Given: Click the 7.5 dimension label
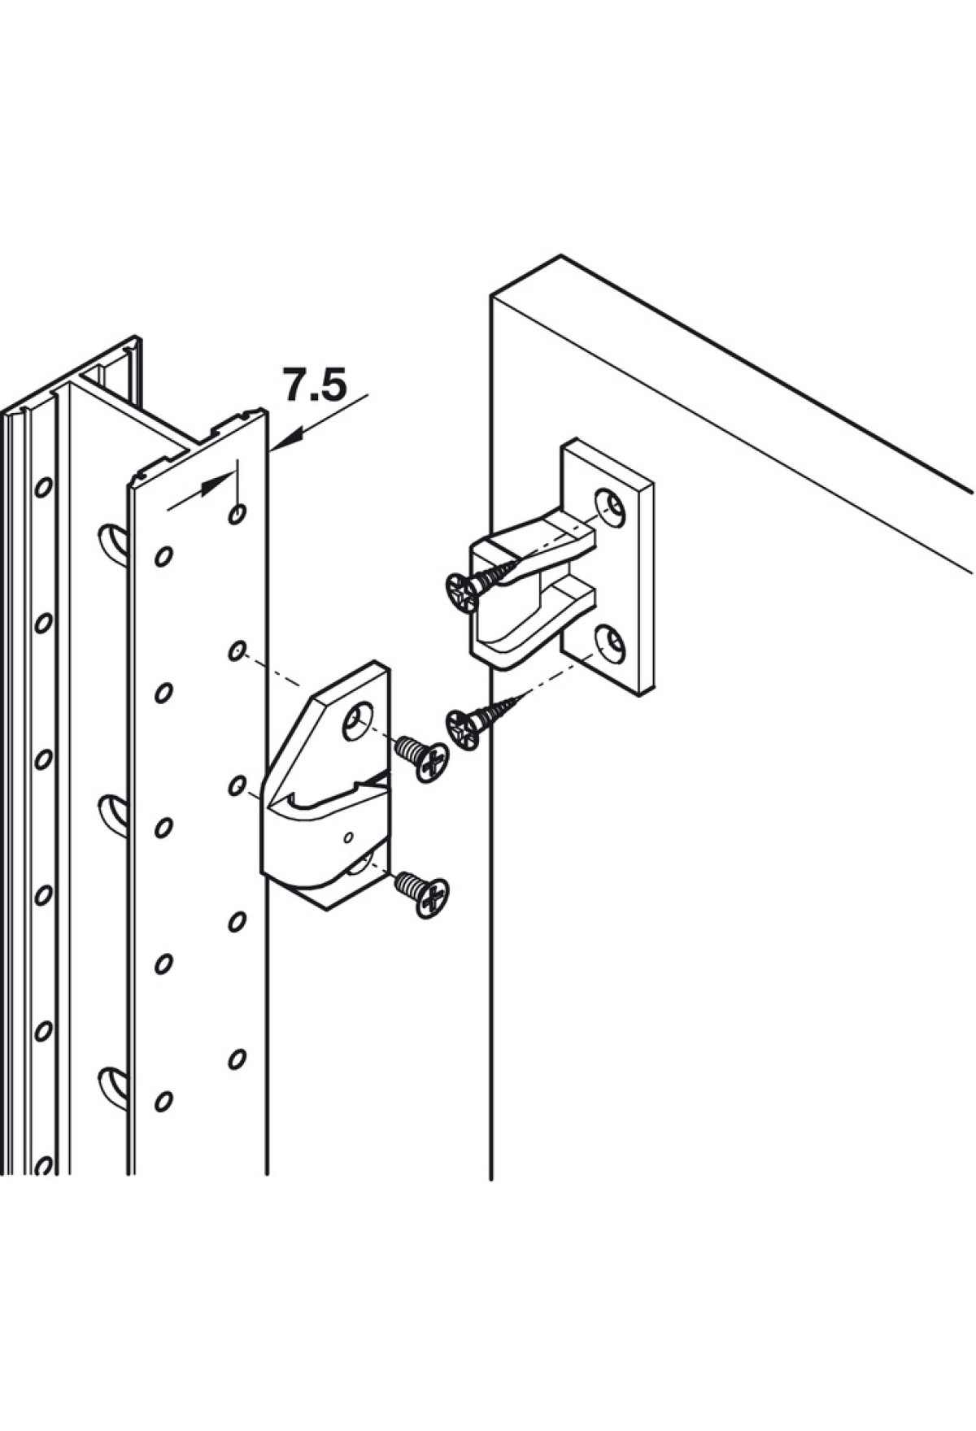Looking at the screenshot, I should [x=314, y=385].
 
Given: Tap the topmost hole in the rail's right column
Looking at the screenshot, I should [x=237, y=514].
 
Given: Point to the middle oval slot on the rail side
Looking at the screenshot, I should [x=113, y=813].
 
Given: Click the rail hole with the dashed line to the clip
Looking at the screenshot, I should [x=236, y=650].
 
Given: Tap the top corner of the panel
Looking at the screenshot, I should [x=560, y=256].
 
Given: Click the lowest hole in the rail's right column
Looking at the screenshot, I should [x=237, y=1059].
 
